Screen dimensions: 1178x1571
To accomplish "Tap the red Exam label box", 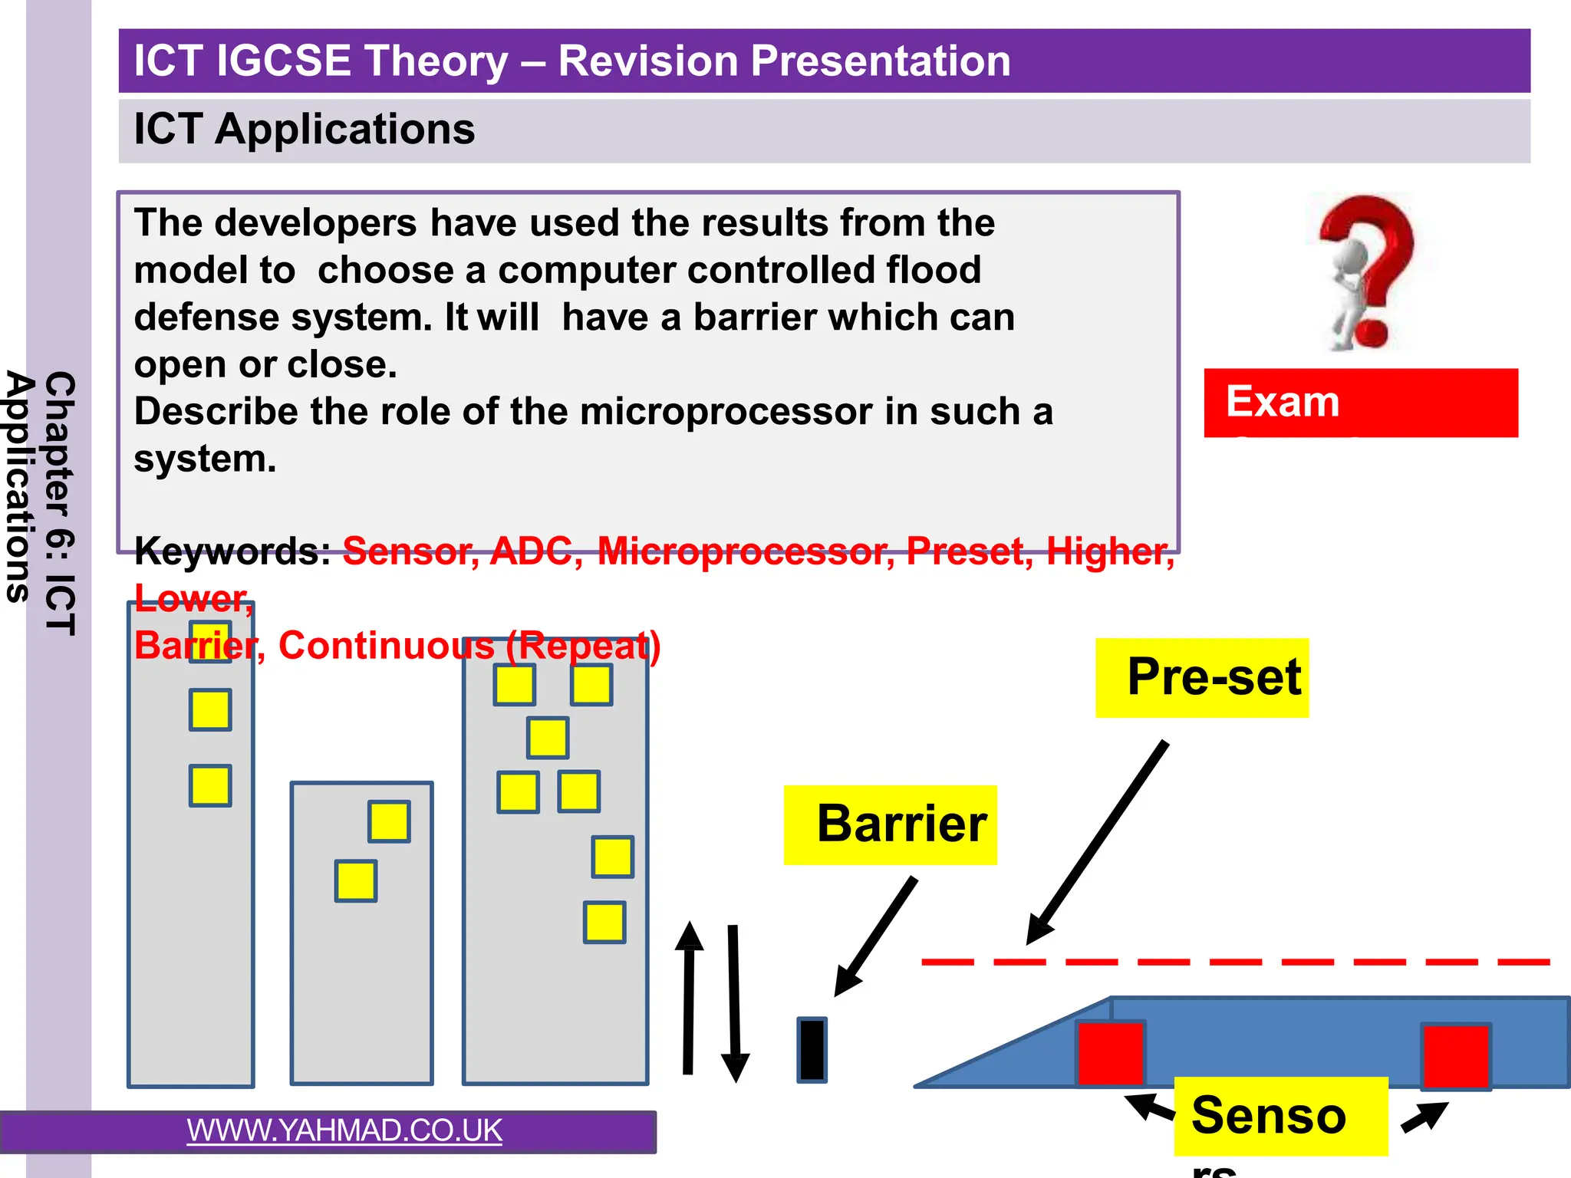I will tap(1360, 403).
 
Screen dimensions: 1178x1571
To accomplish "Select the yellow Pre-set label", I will tap(1201, 678).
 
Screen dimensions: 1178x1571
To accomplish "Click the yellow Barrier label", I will tap(890, 825).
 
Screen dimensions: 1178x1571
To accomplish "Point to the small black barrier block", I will tap(812, 1050).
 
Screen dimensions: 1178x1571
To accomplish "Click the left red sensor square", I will tap(1110, 1053).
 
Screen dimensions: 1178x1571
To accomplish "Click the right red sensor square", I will tap(1455, 1056).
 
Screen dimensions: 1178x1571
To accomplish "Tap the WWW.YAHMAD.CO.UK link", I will tap(344, 1130).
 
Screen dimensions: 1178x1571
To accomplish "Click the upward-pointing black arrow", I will tap(688, 997).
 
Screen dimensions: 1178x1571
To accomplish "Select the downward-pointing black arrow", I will tap(734, 1005).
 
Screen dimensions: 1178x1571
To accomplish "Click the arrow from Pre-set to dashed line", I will tap(1097, 844).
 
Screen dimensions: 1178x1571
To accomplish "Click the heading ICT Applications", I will tap(305, 129).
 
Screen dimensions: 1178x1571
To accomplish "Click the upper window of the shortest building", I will tap(389, 821).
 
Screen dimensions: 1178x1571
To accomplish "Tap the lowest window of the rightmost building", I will tap(604, 922).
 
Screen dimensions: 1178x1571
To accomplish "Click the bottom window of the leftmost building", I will tap(210, 785).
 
